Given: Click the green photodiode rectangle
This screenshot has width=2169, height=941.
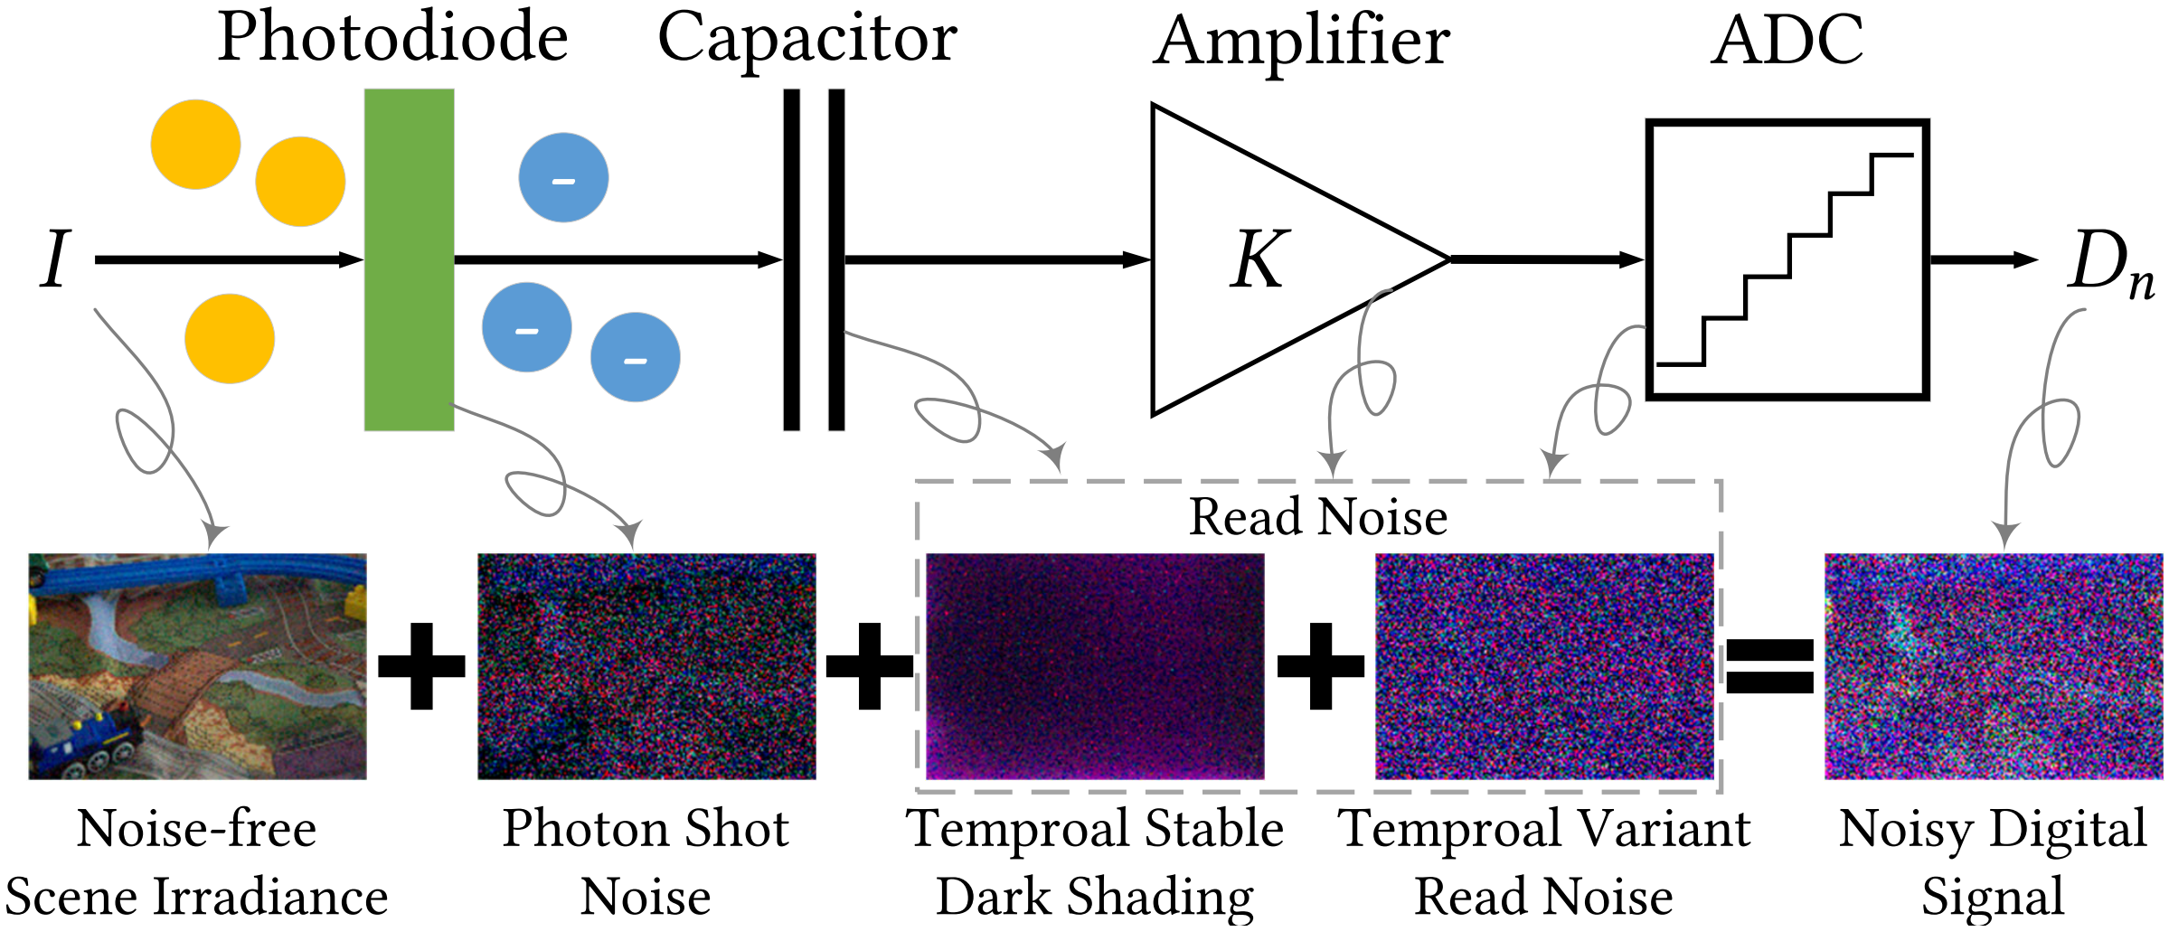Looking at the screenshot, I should click(x=409, y=259).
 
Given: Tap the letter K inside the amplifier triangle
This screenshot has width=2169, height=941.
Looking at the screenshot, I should click(x=1258, y=259).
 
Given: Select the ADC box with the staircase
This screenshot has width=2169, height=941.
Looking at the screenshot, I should click(x=1787, y=259).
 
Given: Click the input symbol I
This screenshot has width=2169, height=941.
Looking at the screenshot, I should click(x=54, y=259).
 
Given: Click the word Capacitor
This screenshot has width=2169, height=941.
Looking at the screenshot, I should click(x=806, y=38).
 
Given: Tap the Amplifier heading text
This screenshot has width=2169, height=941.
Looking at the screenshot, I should click(x=1301, y=42).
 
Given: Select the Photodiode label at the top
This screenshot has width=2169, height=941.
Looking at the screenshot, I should click(x=392, y=38).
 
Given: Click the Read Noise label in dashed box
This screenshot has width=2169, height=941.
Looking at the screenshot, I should click(x=1317, y=517).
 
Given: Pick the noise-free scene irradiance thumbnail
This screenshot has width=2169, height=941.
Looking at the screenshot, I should click(x=197, y=666).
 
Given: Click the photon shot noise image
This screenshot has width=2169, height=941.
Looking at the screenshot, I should click(x=646, y=666).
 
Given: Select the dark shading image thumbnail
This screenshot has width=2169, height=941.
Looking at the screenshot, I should click(x=1095, y=666).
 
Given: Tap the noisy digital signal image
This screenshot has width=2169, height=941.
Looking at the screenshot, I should click(x=1994, y=666).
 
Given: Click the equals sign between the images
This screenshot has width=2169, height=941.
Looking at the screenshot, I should click(x=1769, y=666).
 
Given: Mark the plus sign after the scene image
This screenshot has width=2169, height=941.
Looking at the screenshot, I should click(x=421, y=666).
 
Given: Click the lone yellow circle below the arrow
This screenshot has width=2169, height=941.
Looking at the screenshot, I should click(x=230, y=338).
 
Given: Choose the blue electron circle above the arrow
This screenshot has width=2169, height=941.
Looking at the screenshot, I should click(x=563, y=178).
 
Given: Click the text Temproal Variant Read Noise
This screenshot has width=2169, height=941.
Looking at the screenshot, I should click(x=1543, y=861).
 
